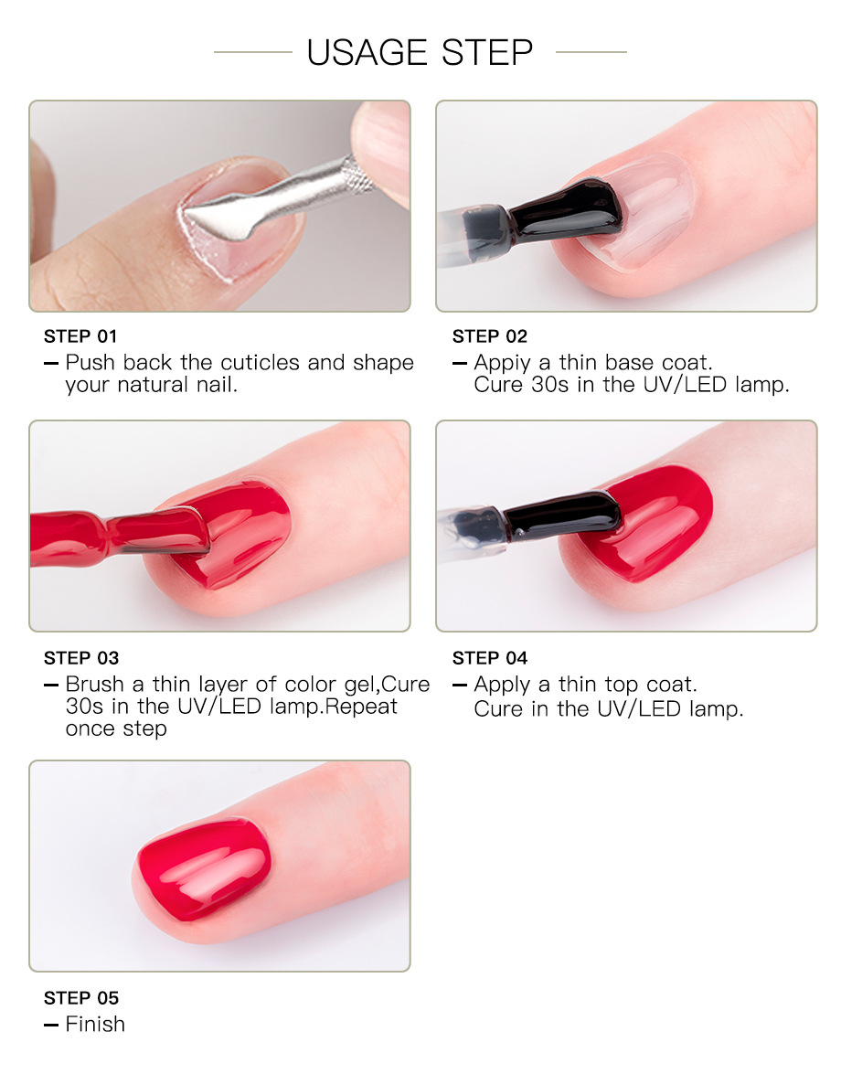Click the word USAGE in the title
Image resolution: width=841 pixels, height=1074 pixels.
coord(367,53)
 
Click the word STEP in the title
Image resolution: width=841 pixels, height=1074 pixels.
coord(487,53)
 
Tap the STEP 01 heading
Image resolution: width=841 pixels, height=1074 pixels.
coord(80,336)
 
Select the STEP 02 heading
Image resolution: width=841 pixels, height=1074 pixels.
coord(490,336)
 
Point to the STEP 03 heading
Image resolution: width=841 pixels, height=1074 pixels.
coord(81,658)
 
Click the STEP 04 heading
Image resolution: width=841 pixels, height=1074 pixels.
coord(490,658)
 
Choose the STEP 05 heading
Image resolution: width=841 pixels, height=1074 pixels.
coord(81,998)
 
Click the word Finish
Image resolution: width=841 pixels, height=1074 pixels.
coord(95,1024)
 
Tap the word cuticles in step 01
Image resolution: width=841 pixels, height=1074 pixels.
coord(261,362)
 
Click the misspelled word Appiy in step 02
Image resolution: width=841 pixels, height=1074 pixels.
coord(502,363)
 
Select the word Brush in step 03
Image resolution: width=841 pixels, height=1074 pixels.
coord(94,685)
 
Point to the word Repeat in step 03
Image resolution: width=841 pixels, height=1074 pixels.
coord(361,707)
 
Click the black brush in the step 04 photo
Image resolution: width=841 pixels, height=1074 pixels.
coord(561,516)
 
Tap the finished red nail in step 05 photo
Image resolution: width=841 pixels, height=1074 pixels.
coord(204,869)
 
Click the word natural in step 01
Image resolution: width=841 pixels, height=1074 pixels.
coord(154,385)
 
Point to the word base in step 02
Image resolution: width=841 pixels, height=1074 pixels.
coord(630,362)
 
